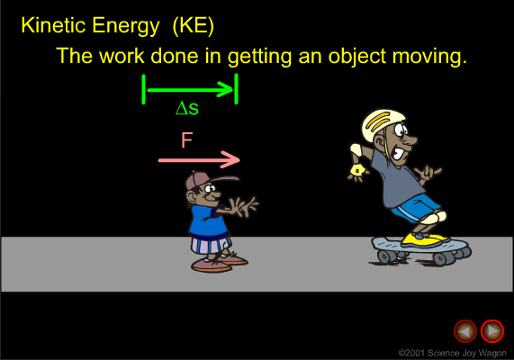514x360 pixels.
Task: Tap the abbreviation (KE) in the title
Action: (193, 26)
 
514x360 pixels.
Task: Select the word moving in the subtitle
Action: (429, 57)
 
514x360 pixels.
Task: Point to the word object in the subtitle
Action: (357, 57)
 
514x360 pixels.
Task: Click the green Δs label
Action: (187, 108)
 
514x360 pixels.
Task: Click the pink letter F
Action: (187, 140)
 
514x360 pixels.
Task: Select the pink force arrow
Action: (199, 160)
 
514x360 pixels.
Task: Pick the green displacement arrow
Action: (190, 90)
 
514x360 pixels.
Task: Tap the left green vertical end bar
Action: (144, 89)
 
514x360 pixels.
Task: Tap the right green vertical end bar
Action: (237, 89)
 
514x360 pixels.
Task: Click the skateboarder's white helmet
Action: (382, 123)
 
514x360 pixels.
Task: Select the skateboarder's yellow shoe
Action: (425, 239)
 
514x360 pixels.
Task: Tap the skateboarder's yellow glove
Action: (357, 171)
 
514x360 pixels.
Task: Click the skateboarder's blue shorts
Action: (415, 208)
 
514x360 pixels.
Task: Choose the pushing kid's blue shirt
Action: (208, 222)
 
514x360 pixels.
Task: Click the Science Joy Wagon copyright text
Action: (453, 353)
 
